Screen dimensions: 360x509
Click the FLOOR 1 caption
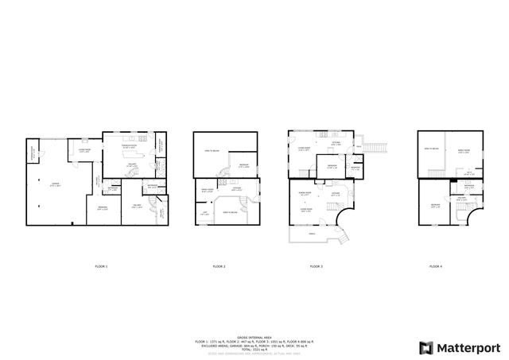coord(100,266)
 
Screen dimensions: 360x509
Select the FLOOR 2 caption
coord(218,266)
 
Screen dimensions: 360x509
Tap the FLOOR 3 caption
coord(316,266)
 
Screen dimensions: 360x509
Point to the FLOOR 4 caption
coord(434,266)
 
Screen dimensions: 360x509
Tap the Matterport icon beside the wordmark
coord(426,347)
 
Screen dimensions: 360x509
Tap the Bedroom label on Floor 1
coord(103,208)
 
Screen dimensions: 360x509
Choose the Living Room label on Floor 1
coord(84,150)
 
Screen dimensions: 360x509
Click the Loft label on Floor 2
coord(204,211)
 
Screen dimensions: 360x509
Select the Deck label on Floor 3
coord(359,147)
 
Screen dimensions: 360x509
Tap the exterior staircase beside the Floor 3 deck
coord(379,148)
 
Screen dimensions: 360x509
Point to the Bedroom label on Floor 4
coord(434,205)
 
